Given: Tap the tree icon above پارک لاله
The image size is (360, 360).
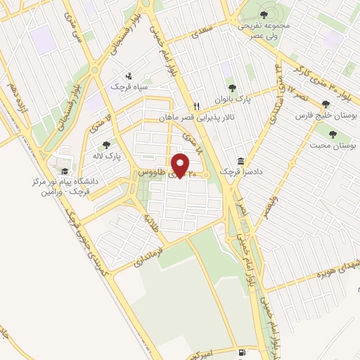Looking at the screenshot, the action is click(x=106, y=145).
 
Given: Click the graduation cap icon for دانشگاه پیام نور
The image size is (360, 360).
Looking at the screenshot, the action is click(x=65, y=171).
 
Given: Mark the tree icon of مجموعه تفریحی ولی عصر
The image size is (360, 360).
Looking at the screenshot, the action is click(x=264, y=14).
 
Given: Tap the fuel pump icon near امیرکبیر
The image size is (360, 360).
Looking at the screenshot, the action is click(x=242, y=351).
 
